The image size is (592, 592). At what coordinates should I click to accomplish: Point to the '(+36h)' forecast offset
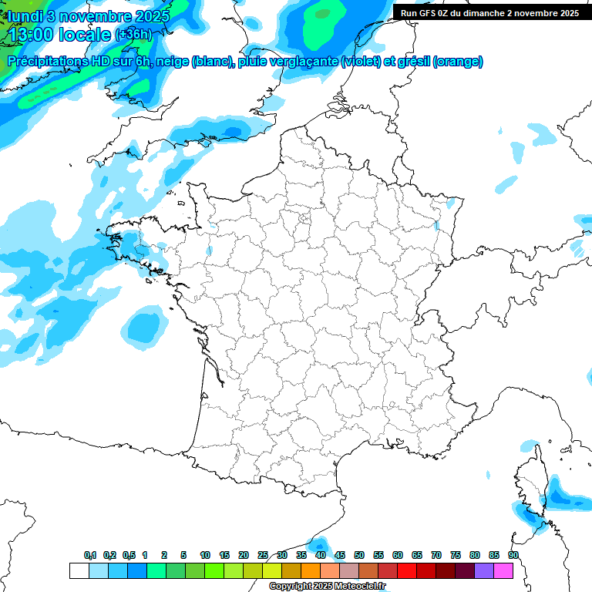pyautogui.click(x=133, y=35)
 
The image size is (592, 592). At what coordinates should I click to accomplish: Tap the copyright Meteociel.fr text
pyautogui.click(x=327, y=587)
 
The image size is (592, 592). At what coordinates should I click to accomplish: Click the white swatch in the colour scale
pyautogui.click(x=79, y=570)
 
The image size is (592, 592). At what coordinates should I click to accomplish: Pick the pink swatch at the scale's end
pyautogui.click(x=503, y=570)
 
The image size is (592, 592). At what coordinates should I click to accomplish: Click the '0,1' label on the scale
pyautogui.click(x=90, y=555)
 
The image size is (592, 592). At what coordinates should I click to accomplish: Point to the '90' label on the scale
pyautogui.click(x=513, y=555)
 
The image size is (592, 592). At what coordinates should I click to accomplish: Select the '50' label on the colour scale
pyautogui.click(x=359, y=555)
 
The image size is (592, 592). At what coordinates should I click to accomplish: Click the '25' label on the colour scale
pyautogui.click(x=263, y=555)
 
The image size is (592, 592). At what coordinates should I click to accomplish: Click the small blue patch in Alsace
pyautogui.click(x=436, y=226)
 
